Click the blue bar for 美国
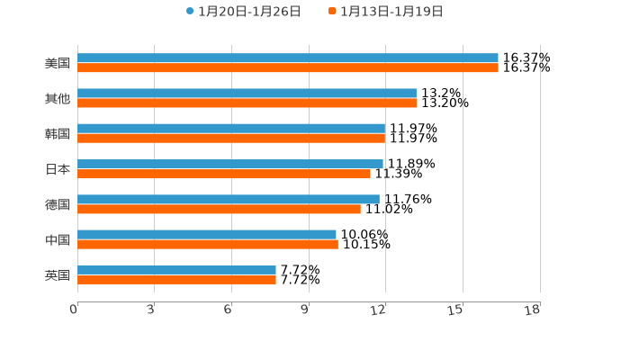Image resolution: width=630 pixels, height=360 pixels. [288, 58]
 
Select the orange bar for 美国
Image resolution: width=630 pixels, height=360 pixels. [288, 68]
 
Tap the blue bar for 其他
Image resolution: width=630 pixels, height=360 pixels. [247, 94]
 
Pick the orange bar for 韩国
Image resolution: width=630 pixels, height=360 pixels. [231, 139]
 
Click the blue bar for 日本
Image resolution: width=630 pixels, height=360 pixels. [230, 164]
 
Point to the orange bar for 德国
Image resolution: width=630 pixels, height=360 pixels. [219, 209]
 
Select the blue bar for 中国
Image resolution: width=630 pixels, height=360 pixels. [207, 235]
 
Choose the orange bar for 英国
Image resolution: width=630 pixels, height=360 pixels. [176, 280]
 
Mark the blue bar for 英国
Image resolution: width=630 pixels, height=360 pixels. [176, 270]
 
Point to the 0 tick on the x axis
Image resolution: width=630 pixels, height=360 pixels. [74, 310]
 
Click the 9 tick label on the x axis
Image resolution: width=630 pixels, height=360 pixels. [305, 310]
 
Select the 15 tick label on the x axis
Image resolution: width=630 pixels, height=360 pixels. [456, 310]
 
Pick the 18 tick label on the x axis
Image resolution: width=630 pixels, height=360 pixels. [533, 310]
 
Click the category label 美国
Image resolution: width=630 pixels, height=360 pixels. [58, 64]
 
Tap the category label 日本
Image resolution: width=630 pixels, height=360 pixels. [58, 169]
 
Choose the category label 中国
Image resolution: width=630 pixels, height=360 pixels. [58, 239]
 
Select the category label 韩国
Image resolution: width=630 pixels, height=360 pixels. [58, 134]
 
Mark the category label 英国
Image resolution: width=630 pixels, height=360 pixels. [58, 274]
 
